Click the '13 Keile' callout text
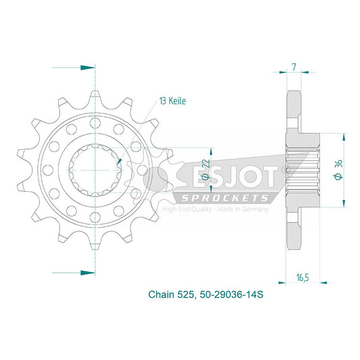173,101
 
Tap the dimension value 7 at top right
294,67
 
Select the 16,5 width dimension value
303,278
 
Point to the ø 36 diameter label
339,170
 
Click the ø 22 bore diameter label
205,170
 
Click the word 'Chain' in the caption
161,294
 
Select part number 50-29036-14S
232,294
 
